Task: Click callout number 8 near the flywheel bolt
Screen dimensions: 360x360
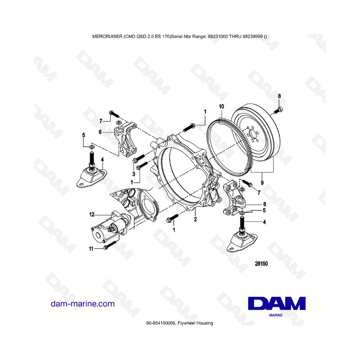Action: (279, 96)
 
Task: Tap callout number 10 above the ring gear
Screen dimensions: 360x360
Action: (221, 106)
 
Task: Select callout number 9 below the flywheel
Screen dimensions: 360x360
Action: (262, 183)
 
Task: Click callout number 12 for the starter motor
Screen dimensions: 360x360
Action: (92, 214)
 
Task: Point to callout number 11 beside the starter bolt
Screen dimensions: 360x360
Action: (91, 249)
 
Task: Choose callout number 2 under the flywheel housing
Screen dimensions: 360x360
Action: (195, 219)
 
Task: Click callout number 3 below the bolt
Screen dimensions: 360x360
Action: (134, 174)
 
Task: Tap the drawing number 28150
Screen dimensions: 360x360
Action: (261, 264)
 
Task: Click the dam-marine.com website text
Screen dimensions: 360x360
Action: (83, 304)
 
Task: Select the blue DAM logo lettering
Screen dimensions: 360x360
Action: (277, 303)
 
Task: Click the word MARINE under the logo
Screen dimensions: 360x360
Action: (276, 315)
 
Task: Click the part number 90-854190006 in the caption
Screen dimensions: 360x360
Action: (161, 323)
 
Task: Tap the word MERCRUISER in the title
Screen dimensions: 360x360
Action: (108, 36)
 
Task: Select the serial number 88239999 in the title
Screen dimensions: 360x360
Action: (252, 36)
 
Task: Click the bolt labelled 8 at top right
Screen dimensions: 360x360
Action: (278, 110)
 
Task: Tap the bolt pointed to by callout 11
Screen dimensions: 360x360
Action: (110, 245)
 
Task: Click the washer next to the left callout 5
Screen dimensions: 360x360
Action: (92, 146)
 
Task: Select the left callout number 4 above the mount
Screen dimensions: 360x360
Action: (102, 160)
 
